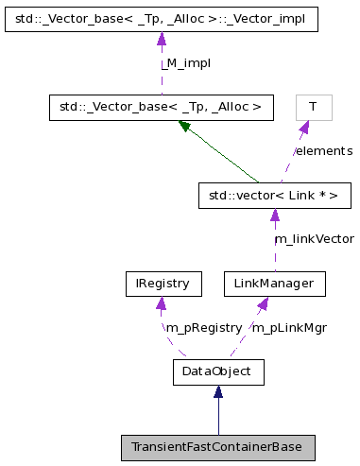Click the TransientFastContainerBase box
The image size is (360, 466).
pos(217,447)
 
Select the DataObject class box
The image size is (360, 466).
pos(217,371)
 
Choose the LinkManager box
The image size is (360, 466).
pos(274,283)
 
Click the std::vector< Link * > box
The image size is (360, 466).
pos(274,196)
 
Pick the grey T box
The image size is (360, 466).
pos(312,108)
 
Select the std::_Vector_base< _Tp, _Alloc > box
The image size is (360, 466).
pos(162,108)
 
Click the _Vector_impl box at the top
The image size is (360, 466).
pos(162,20)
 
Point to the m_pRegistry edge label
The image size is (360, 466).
pos(203,327)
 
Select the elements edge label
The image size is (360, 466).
pos(323,151)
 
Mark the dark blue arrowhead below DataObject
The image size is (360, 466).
pos(217,392)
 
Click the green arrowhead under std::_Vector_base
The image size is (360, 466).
pos(186,126)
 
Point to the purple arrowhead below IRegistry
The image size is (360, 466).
pos(163,302)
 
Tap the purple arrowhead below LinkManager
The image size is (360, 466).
pos(264,302)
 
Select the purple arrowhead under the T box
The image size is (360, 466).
pos(304,128)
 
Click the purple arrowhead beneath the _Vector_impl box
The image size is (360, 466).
pos(162,40)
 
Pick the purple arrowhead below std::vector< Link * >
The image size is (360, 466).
pos(274,216)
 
